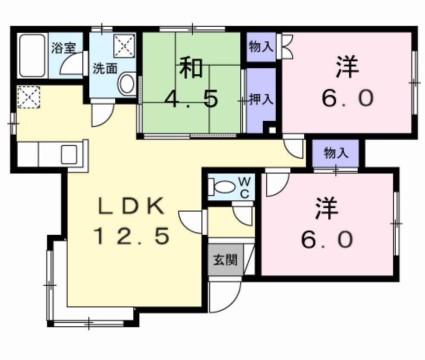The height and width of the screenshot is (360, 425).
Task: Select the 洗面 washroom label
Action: [105, 68]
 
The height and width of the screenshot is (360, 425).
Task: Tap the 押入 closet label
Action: [261, 99]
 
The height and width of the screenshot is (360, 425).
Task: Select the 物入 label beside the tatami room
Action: [261, 47]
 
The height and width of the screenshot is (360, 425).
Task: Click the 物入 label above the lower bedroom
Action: [336, 153]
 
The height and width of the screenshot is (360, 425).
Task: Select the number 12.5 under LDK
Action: [131, 237]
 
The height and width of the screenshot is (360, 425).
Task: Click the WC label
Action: [244, 187]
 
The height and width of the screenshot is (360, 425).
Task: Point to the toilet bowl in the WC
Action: [223, 187]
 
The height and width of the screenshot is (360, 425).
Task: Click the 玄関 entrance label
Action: [225, 260]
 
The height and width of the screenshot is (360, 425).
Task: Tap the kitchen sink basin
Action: [69, 154]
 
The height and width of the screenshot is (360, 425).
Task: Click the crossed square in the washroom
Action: [124, 45]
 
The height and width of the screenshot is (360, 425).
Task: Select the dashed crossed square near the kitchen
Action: [28, 97]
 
